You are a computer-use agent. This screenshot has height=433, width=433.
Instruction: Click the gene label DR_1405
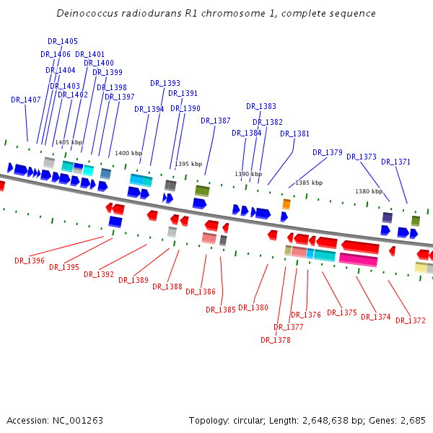point(63,42)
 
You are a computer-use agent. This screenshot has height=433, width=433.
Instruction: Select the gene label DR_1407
point(26,100)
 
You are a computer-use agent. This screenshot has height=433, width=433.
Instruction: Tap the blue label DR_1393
point(165,84)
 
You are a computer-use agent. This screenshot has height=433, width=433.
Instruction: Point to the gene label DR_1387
point(216,121)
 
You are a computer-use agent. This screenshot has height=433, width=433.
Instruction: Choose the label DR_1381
point(294,134)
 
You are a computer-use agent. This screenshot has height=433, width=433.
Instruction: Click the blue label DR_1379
point(328,153)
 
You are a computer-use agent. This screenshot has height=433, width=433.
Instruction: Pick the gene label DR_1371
point(395,162)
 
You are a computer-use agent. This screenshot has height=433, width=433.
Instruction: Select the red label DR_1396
point(30,261)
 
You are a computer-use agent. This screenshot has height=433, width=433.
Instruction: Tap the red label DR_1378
point(276,341)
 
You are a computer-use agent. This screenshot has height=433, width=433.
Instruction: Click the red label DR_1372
point(411,321)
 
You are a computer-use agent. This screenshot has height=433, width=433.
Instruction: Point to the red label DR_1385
point(221,310)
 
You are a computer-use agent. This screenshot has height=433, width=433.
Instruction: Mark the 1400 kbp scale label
point(128,153)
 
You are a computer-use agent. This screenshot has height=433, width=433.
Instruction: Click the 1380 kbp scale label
point(369,191)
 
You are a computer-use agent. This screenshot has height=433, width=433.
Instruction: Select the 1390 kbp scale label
point(248,175)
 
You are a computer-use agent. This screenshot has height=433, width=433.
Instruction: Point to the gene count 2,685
point(413,421)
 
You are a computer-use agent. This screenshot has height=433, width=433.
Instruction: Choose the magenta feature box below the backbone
point(358,260)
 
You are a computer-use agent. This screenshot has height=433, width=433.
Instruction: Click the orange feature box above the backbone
point(287,204)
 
